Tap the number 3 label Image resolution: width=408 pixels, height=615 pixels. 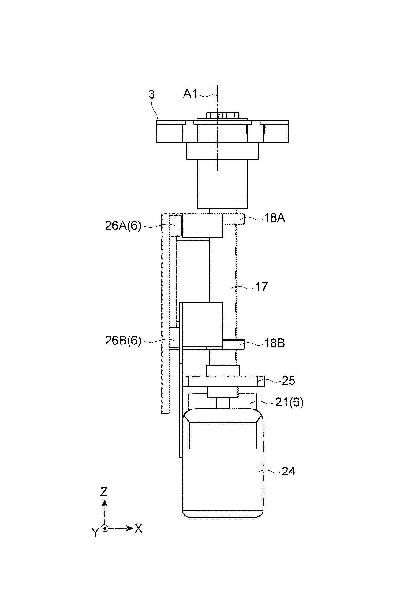pos(152,94)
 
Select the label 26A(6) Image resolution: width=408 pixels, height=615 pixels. pos(123,226)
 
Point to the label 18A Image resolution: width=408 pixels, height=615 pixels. pos(274,218)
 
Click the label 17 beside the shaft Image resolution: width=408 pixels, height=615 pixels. pos(262,286)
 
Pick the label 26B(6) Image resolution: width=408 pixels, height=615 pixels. pos(123,341)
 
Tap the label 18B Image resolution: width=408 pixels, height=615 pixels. pos(274,343)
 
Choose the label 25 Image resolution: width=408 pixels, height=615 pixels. pos(288,381)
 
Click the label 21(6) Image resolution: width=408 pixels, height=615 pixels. pos(289,402)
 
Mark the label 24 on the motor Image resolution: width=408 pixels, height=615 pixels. pos(288,472)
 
